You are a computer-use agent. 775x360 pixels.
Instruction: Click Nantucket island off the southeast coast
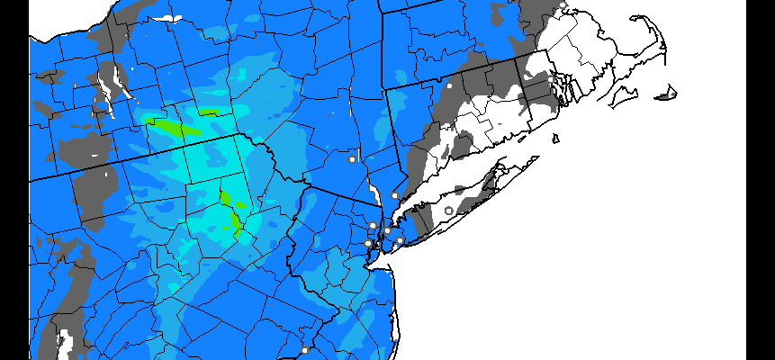667,93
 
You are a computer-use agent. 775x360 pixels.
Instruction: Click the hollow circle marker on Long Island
449,211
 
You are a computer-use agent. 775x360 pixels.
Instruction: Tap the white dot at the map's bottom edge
304,350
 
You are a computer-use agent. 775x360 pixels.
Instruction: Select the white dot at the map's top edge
563,5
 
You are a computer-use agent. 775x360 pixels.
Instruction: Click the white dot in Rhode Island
551,79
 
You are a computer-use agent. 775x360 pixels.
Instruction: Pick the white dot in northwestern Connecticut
447,85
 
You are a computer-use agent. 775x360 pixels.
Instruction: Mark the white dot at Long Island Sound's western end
394,195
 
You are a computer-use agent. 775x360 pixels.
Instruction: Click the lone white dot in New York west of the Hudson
352,159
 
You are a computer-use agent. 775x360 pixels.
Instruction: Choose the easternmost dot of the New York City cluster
400,240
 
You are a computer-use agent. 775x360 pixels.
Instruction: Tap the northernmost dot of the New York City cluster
373,225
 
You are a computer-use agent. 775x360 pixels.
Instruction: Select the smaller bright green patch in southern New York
210,112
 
